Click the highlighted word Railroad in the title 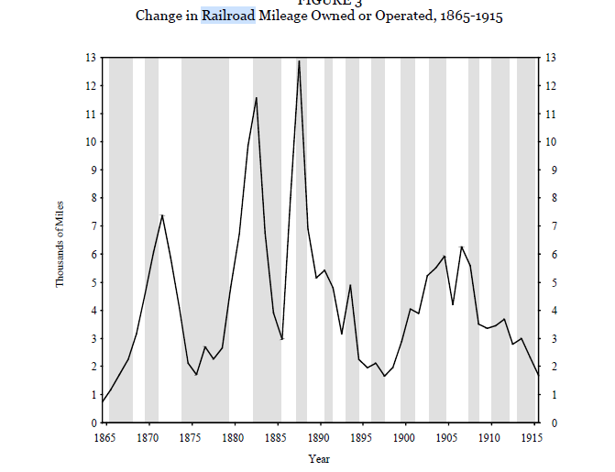(x=228, y=16)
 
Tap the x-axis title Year (x=319, y=458)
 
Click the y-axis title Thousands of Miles (x=60, y=243)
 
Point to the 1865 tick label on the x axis (x=104, y=438)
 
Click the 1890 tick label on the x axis (x=320, y=438)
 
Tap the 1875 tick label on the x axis (x=191, y=438)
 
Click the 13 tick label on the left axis (x=90, y=58)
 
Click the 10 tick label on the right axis (x=552, y=142)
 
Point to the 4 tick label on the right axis (x=549, y=311)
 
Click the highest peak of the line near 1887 (x=299, y=61)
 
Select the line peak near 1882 (x=257, y=97)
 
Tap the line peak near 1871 (x=162, y=215)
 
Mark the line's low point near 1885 (x=282, y=338)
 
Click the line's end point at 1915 (x=539, y=376)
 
